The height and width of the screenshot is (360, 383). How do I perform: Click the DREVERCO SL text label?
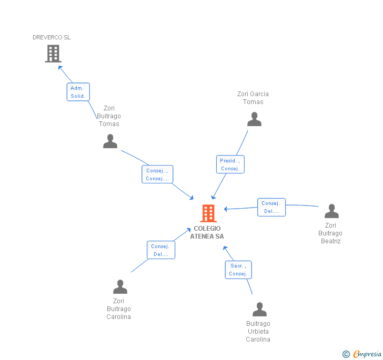tap(52, 37)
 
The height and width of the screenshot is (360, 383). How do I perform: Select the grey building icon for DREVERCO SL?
tap(53, 54)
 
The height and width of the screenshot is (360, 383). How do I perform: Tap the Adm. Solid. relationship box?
tap(78, 92)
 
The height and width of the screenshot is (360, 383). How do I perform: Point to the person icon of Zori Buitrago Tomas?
tap(110, 141)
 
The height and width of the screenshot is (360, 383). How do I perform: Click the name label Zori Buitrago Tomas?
tap(109, 116)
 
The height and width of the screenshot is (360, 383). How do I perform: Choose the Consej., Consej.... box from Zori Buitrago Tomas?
tap(157, 174)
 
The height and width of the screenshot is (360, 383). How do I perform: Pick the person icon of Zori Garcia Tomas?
tap(254, 120)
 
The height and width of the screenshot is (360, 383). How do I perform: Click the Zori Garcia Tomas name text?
tap(253, 98)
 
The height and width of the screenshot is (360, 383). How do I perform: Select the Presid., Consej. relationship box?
tap(230, 164)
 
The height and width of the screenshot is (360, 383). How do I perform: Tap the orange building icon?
tap(208, 213)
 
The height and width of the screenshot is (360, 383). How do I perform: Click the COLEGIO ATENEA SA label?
tap(207, 232)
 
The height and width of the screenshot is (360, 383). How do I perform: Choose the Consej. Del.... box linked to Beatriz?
tap(271, 207)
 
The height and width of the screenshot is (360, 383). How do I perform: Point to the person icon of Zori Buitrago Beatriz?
tap(331, 211)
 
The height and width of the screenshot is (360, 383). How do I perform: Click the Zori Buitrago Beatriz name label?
tap(330, 233)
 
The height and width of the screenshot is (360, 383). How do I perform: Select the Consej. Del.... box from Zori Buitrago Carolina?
tap(160, 250)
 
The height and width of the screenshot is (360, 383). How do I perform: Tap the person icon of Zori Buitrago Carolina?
tap(120, 287)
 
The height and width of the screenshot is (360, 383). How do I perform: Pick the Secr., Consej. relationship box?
tap(238, 270)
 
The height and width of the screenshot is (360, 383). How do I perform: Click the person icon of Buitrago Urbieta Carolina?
tap(259, 310)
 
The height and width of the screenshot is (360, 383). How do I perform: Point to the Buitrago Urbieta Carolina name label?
tap(258, 332)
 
